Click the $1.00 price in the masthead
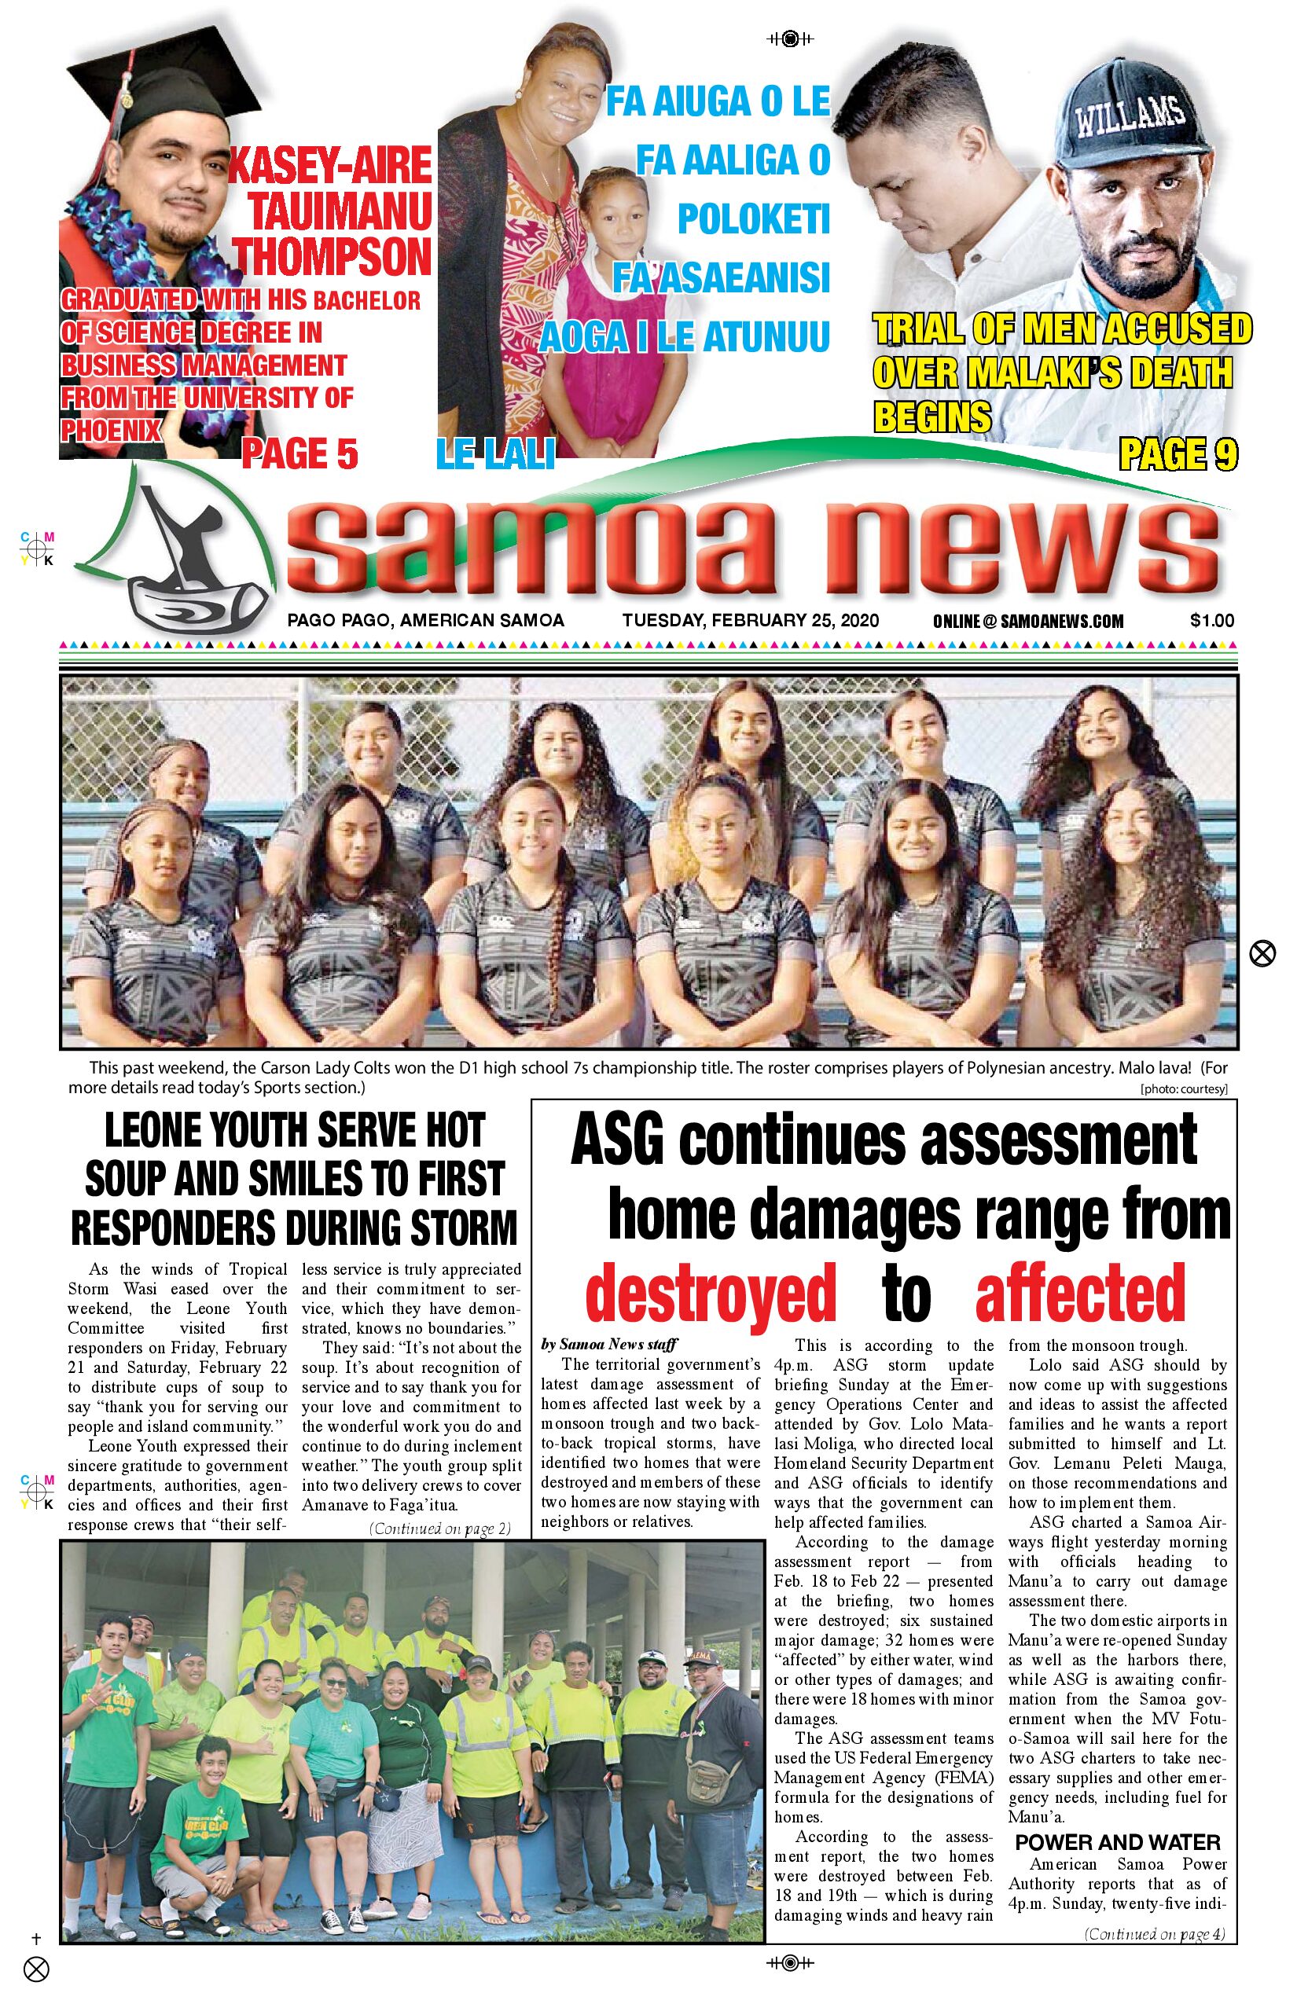pos(1211,621)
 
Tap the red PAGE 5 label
pos(299,455)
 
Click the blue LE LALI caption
pos(495,455)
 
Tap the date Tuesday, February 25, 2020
pos(751,621)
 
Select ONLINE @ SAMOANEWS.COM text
pos(1027,622)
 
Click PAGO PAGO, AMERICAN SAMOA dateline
pos(425,621)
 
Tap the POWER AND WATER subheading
pos(1118,1842)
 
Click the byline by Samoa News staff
pos(609,1344)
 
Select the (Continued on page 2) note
pos(439,1529)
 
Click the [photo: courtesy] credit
pos(1183,1088)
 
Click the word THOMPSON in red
pos(332,257)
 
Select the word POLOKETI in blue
pos(754,219)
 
